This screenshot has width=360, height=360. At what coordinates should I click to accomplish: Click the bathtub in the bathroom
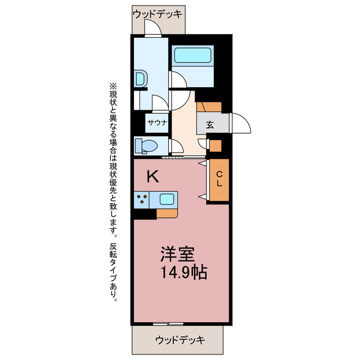(x=192, y=56)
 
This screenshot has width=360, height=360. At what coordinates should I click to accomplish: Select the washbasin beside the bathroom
(x=141, y=78)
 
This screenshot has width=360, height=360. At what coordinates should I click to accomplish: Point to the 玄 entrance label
(x=209, y=125)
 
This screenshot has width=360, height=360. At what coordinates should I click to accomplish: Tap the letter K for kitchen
(x=152, y=177)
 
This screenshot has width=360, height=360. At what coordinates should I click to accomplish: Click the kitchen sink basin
(x=167, y=199)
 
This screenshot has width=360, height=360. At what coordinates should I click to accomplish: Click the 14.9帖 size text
(x=182, y=273)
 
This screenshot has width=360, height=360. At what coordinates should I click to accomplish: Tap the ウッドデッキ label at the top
(x=158, y=12)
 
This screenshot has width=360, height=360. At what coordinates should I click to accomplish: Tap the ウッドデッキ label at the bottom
(x=180, y=340)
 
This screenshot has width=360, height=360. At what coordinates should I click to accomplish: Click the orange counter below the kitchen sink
(x=167, y=213)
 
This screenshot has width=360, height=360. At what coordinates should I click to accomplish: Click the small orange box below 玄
(x=215, y=146)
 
